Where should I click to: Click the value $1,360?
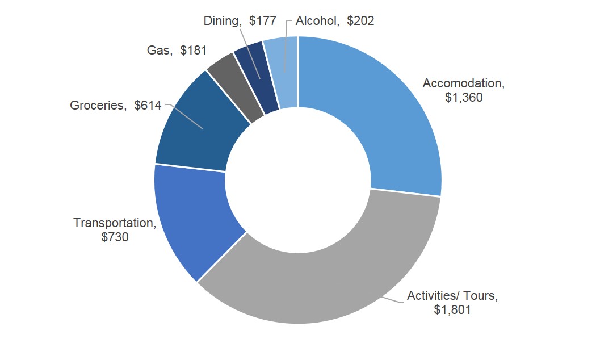click(464, 98)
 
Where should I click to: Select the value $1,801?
click(452, 310)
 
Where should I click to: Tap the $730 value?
click(115, 237)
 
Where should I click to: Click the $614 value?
click(148, 105)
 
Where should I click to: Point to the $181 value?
click(193, 50)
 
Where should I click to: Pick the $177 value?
click(262, 21)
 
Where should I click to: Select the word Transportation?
click(114, 223)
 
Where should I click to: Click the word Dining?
click(221, 21)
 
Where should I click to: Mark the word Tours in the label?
click(482, 296)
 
